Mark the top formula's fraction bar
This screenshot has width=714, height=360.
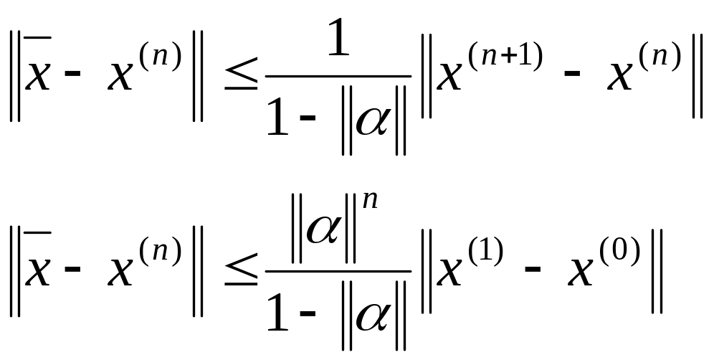[338, 77]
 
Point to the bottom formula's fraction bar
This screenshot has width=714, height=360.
[338, 271]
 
